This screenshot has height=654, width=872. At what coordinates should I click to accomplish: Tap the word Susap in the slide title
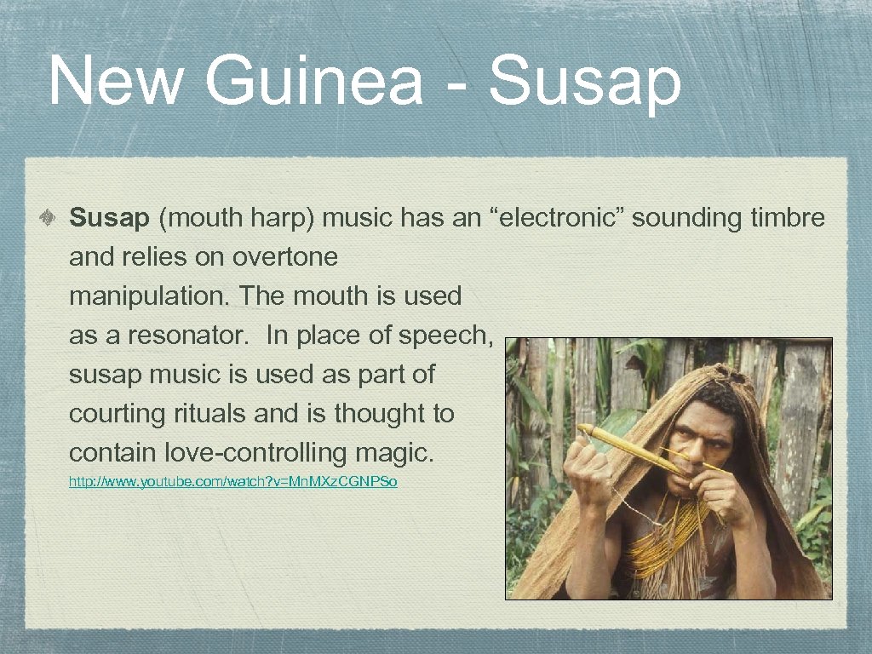click(x=586, y=82)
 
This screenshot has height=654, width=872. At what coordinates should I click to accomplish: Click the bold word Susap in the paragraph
click(x=109, y=219)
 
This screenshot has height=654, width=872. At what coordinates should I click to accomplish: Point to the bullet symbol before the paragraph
click(x=51, y=219)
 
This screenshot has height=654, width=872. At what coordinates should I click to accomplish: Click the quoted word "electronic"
click(x=559, y=219)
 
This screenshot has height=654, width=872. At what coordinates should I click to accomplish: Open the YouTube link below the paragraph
click(x=232, y=483)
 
